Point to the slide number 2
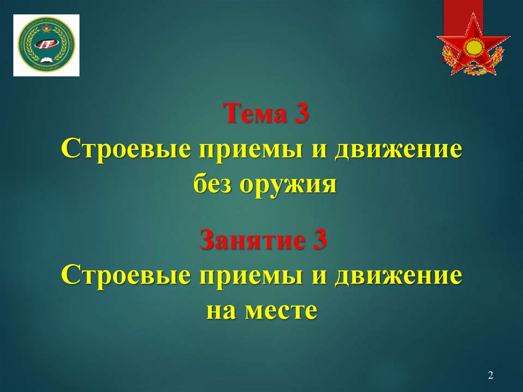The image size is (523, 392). (x=490, y=376)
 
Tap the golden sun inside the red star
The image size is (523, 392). (x=473, y=49)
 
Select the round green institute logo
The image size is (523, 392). (x=46, y=45)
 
